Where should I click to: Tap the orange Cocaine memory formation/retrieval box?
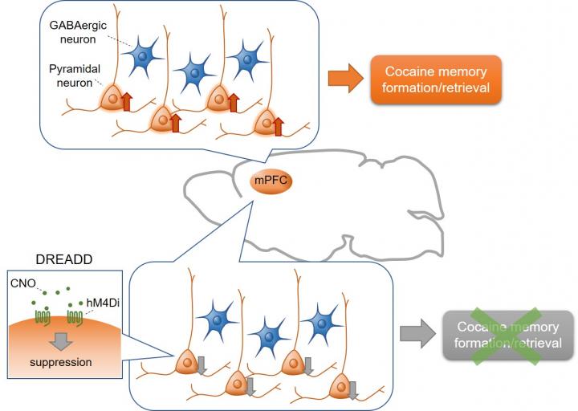(x=435, y=80)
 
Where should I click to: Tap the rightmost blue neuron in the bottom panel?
(x=324, y=317)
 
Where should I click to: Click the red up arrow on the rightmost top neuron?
(x=279, y=126)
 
